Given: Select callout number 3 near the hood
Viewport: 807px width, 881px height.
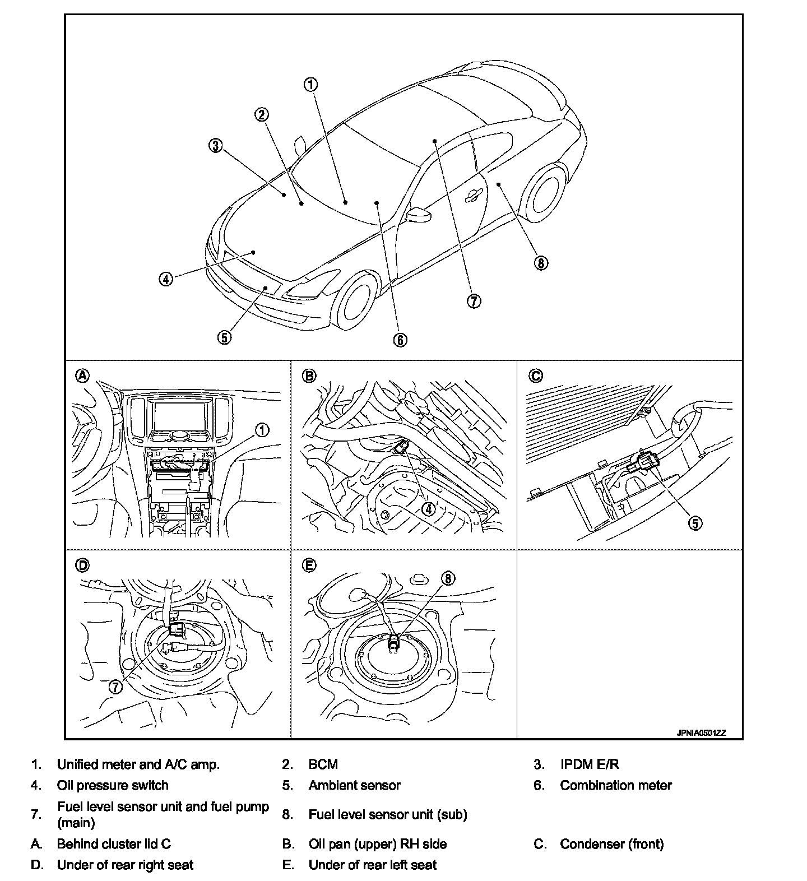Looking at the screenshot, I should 216,146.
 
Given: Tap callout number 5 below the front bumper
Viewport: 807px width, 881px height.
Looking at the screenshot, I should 224,337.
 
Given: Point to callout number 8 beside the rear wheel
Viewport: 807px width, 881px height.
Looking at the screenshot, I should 540,263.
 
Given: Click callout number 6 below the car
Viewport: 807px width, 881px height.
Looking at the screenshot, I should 400,340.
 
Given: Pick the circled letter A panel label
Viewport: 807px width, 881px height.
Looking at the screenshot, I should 82,375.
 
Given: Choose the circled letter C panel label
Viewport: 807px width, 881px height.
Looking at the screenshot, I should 536,375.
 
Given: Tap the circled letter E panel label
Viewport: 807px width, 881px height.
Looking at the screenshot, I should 309,565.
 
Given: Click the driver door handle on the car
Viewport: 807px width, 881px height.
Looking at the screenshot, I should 473,194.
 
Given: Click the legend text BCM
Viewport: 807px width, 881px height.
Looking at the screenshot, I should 323,764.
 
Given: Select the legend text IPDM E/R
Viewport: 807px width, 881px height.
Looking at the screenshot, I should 589,764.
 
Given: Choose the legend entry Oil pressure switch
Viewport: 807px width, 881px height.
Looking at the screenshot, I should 113,785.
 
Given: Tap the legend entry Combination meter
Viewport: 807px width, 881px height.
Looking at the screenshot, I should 615,785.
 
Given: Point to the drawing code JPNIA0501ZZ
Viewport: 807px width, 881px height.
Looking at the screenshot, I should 701,732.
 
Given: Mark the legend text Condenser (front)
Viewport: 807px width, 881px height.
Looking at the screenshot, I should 611,844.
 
